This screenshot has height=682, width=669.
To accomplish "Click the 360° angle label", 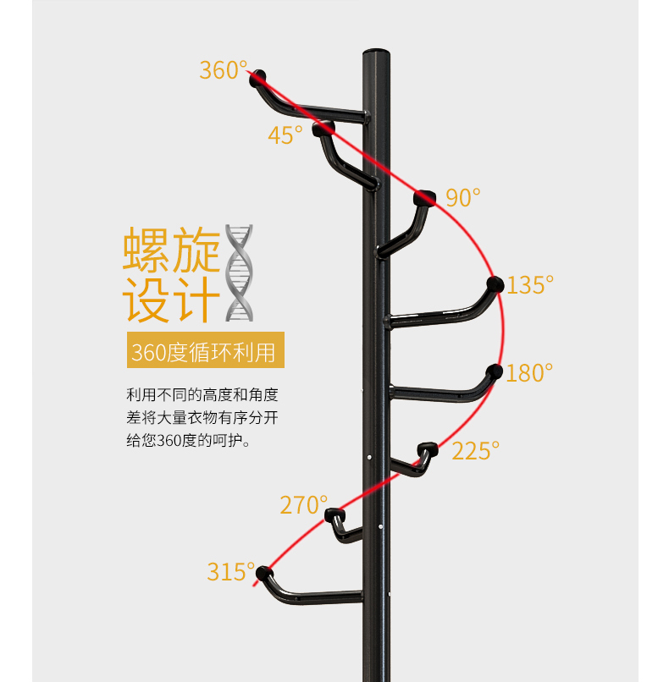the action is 224,70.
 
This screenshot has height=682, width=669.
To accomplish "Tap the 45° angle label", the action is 285,135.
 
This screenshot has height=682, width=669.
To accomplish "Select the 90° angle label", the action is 462,197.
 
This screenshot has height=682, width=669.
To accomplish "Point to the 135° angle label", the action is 530,285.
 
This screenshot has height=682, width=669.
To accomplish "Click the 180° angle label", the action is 528,373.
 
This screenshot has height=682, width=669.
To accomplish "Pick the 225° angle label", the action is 475,451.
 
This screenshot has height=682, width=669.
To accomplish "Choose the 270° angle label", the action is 303,505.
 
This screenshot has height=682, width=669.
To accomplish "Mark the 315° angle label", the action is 230,571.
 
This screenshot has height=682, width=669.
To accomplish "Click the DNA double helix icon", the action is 239,272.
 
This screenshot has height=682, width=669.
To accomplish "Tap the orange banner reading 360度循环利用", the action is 206,350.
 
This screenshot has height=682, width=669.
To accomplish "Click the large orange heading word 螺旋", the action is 172,250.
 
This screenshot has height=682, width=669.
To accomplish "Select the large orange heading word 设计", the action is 172,300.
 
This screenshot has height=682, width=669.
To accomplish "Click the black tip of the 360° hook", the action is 257,77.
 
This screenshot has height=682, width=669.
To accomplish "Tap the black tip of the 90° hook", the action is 424,198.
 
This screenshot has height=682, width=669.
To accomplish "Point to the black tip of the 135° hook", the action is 495,284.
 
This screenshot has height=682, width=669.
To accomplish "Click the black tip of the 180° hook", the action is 494,371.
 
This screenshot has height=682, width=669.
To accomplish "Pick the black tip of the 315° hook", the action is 264,573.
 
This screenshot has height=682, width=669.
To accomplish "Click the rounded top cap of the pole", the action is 376,52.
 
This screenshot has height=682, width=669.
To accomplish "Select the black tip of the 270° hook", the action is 335,515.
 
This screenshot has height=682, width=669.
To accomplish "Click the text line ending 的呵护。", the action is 189,441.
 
